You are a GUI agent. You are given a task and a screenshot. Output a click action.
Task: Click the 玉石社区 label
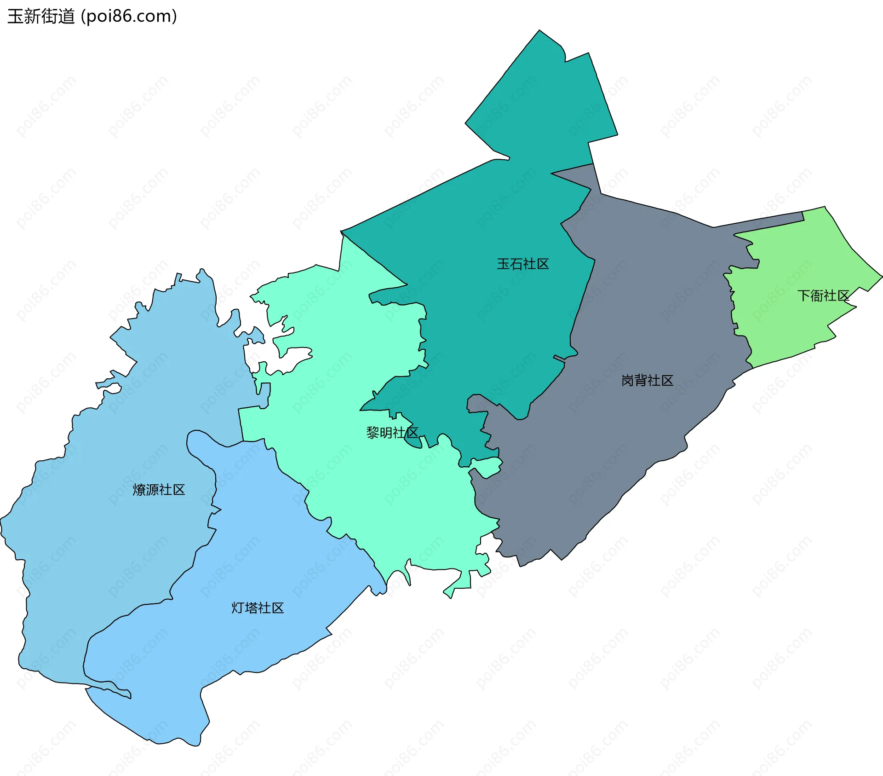523,264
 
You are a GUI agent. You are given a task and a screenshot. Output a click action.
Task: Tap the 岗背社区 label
647,381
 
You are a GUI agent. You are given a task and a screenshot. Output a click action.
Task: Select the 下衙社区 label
823,295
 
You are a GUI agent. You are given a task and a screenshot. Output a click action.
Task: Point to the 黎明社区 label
392,433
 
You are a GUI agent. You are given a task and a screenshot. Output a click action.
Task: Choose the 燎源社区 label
159,490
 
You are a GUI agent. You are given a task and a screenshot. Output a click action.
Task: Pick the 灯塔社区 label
258,608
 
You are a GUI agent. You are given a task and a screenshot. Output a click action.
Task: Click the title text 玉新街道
41,17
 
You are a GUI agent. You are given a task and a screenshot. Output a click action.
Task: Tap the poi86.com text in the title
129,17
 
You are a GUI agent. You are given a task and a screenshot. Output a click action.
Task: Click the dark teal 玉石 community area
483,299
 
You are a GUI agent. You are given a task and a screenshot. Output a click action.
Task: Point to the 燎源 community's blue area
115,437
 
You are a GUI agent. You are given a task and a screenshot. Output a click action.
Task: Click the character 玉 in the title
15,17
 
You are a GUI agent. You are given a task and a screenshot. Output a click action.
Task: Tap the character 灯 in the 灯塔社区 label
238,608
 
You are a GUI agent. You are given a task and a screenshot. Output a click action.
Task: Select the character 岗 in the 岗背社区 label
628,381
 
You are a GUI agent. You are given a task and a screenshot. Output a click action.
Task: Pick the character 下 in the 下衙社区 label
803,295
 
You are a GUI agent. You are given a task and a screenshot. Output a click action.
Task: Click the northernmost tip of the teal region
539,31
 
